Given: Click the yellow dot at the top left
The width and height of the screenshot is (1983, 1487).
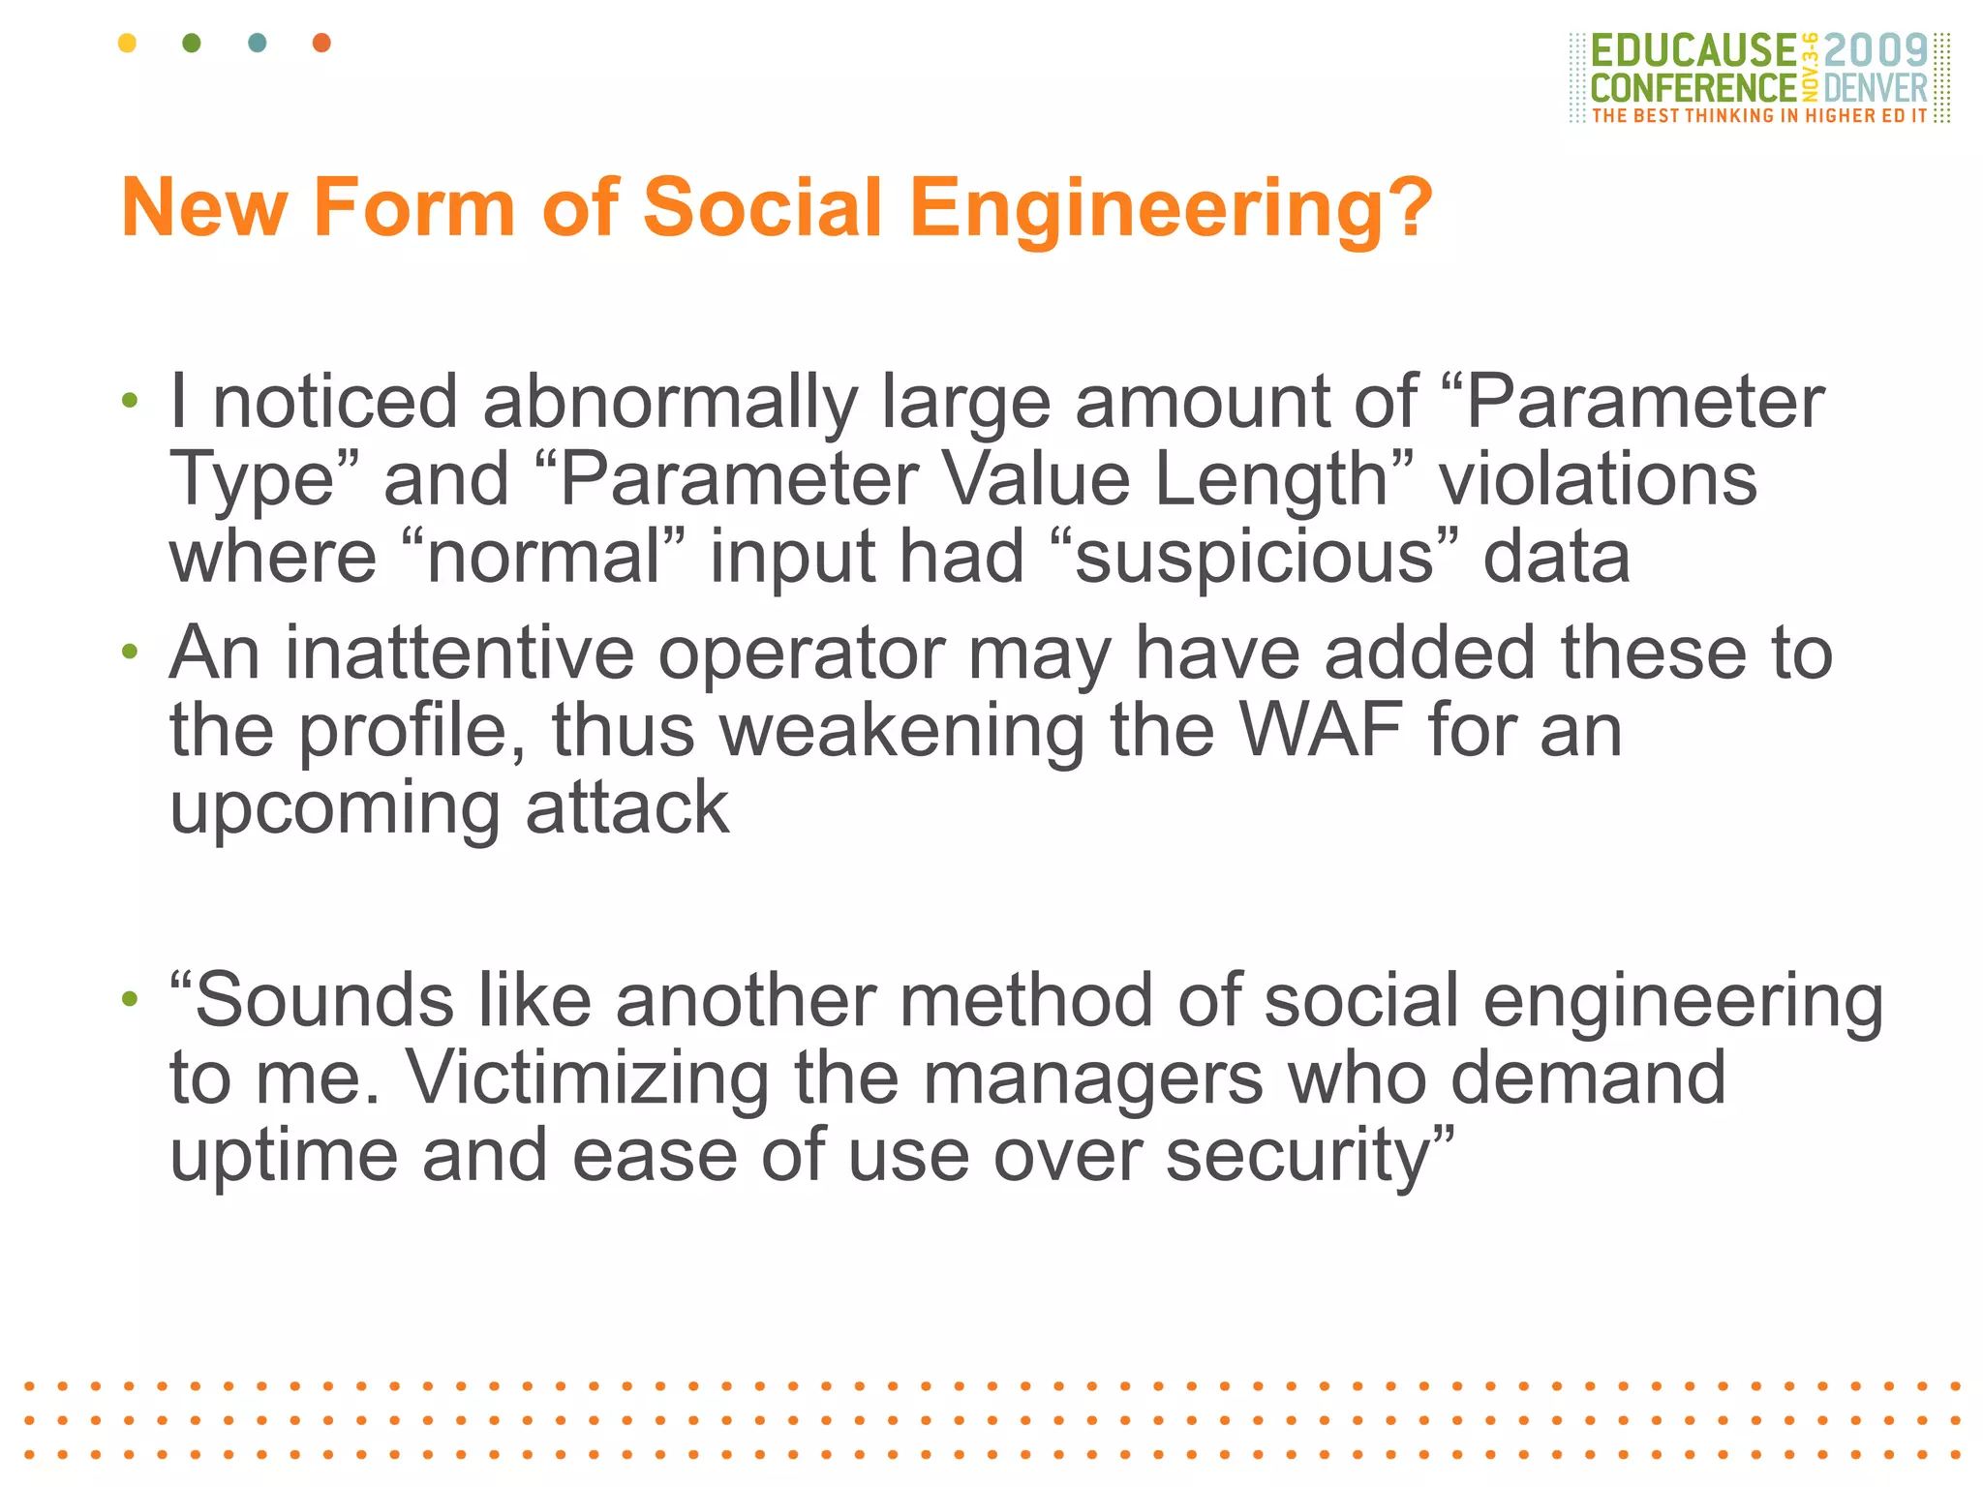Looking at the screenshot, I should click(x=127, y=43).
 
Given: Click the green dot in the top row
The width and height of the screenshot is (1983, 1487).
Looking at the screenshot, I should click(x=192, y=43).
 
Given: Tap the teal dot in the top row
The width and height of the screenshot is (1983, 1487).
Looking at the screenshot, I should click(x=257, y=43).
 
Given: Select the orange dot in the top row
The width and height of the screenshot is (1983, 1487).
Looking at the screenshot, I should click(x=321, y=43).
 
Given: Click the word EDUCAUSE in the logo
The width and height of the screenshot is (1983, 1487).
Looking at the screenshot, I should click(x=1693, y=51).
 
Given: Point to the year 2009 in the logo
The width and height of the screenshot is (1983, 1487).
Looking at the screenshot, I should click(x=1876, y=51).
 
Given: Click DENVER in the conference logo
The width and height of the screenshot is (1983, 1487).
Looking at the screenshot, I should click(x=1876, y=89).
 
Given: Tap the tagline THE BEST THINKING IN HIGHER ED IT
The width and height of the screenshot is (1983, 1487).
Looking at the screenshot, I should click(x=1759, y=116).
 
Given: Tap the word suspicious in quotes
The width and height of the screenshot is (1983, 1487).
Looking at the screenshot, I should click(x=1254, y=559).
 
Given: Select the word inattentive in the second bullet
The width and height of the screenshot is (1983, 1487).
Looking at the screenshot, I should click(x=459, y=653).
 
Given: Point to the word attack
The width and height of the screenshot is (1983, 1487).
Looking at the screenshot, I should click(x=626, y=808).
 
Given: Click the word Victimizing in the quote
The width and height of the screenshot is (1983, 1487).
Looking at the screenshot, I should click(x=587, y=1077).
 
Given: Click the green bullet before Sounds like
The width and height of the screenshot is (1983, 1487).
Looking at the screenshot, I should click(x=130, y=997).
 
